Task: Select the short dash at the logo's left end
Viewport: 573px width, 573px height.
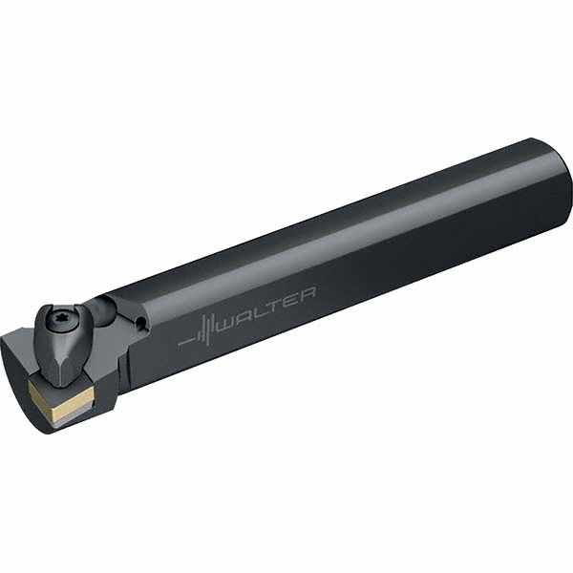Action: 183,339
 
